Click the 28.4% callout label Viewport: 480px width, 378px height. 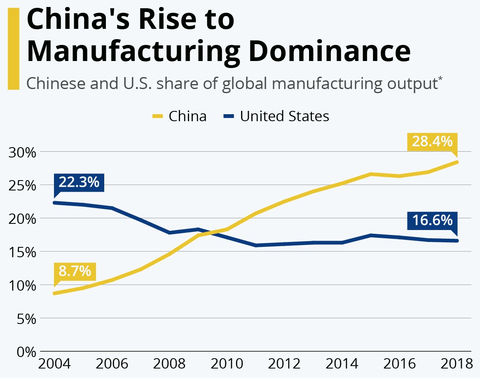point(432,142)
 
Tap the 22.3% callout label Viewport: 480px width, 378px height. point(79,182)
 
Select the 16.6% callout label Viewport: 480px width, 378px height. point(432,221)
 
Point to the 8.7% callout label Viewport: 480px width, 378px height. point(75,271)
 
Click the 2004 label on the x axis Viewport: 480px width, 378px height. point(54,364)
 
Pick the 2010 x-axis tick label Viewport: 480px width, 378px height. point(227,364)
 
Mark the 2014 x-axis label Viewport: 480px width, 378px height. point(341,364)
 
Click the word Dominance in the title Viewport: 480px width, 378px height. point(332,51)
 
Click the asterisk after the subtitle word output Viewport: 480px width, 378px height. point(440,78)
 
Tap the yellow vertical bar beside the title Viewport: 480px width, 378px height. point(13,49)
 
